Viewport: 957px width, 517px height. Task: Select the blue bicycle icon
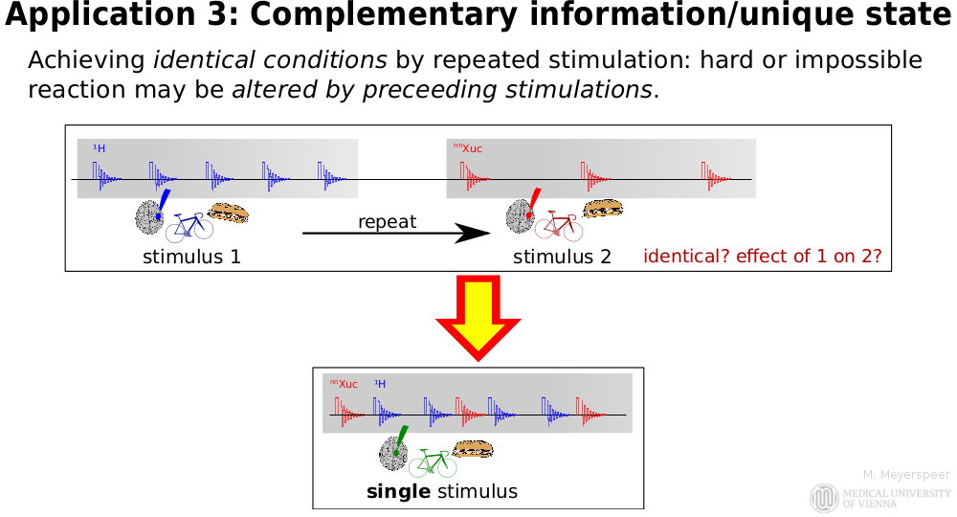[189, 228]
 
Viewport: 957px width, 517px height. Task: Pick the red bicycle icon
[557, 225]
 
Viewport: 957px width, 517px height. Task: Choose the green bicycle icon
[433, 463]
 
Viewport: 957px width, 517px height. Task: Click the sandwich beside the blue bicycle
[229, 213]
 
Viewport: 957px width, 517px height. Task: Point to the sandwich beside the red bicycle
[603, 209]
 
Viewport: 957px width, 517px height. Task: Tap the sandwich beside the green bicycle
[472, 448]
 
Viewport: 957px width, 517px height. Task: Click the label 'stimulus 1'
[191, 257]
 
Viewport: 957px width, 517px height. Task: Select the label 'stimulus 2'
[562, 257]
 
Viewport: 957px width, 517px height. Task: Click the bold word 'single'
[398, 492]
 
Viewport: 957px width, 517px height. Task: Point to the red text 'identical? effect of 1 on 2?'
[762, 257]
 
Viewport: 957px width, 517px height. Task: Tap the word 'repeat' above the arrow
[387, 221]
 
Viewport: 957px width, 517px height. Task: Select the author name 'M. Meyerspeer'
[906, 474]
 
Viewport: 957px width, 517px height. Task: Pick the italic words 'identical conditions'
[270, 60]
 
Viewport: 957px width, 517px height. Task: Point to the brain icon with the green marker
[393, 452]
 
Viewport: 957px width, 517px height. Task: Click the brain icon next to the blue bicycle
[148, 217]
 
